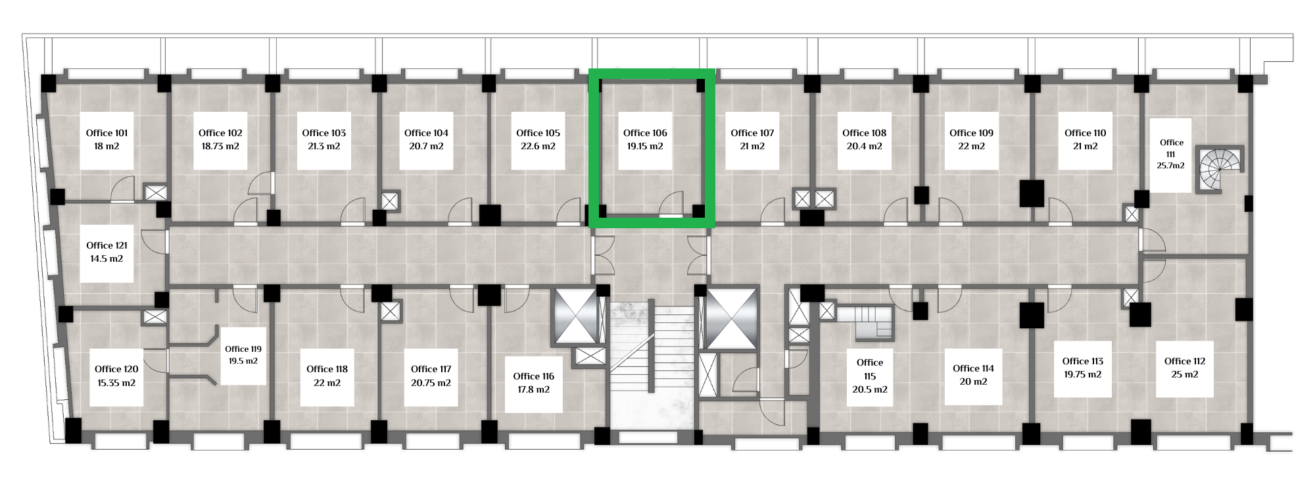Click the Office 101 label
pos(107,133)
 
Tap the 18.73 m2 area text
pos(220,146)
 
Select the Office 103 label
pos(323,133)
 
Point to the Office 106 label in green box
pos(645,133)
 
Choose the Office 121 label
pos(107,245)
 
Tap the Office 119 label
pos(243,349)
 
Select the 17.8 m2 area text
pos(534,389)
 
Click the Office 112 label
pos(1184,361)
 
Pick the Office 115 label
pos(870,369)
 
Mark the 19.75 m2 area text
pos(1082,374)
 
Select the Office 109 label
pos(971,133)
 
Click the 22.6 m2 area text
pos(538,146)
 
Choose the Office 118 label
pos(327,369)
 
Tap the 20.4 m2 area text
pos(864,146)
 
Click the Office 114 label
pos(973,368)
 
